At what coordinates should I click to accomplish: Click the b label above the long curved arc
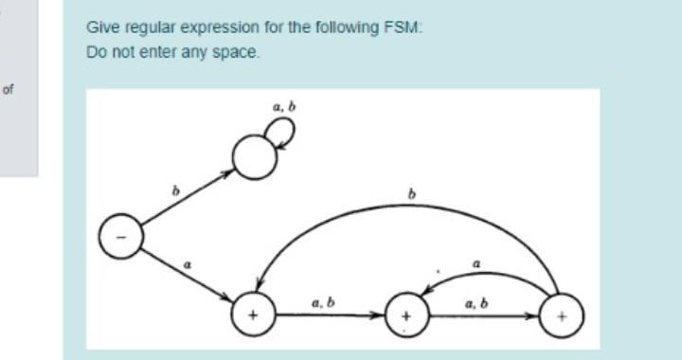pos(411,195)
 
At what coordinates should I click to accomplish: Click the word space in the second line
pos(238,51)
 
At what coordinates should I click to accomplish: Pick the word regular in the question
pos(137,29)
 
